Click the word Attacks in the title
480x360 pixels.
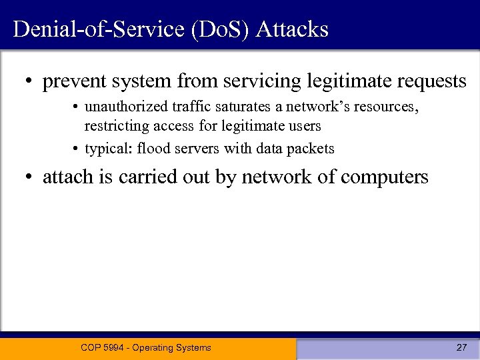click(x=292, y=29)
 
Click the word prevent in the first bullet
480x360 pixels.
click(x=70, y=82)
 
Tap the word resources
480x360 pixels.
click(x=387, y=107)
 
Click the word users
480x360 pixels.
click(x=306, y=125)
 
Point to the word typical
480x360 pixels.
click(x=108, y=148)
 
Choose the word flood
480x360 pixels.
click(x=151, y=148)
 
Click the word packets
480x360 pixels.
click(x=313, y=148)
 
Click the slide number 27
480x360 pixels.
click(x=461, y=347)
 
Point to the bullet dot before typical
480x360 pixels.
click(x=77, y=149)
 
